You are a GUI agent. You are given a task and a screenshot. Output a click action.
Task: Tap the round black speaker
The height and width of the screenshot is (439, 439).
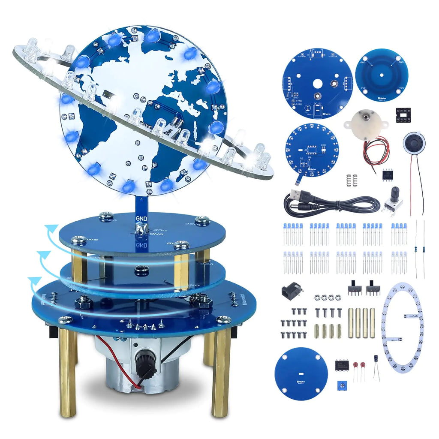tap(414, 143)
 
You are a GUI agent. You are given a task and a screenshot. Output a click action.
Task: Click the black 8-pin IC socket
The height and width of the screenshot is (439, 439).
tap(403, 115)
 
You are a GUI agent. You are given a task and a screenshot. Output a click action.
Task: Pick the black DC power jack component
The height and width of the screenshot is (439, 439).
tap(290, 292)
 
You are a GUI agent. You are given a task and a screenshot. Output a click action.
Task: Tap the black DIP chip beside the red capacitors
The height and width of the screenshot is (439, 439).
tap(342, 365)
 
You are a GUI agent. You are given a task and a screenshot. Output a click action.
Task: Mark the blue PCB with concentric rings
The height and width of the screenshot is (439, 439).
tap(381, 74)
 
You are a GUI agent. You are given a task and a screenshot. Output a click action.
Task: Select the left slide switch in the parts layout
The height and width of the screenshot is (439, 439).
tap(355, 289)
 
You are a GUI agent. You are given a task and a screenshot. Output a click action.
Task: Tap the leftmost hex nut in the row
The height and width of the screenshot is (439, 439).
tap(317, 297)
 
